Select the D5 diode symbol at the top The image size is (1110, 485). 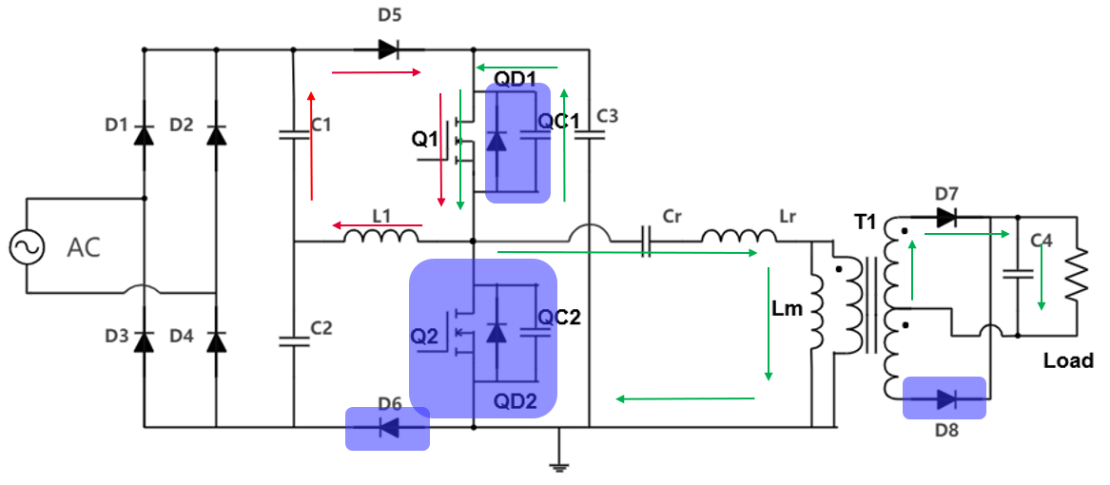[388, 48]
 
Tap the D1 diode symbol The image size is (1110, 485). [144, 134]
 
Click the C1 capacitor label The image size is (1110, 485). [321, 125]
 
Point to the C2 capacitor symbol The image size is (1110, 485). [292, 340]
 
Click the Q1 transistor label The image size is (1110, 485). [424, 139]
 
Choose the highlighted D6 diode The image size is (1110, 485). [387, 428]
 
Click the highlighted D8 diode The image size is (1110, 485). [944, 398]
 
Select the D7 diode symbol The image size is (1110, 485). [945, 218]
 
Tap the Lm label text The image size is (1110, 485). [789, 308]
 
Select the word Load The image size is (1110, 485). [1068, 360]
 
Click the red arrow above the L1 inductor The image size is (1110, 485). [377, 224]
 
